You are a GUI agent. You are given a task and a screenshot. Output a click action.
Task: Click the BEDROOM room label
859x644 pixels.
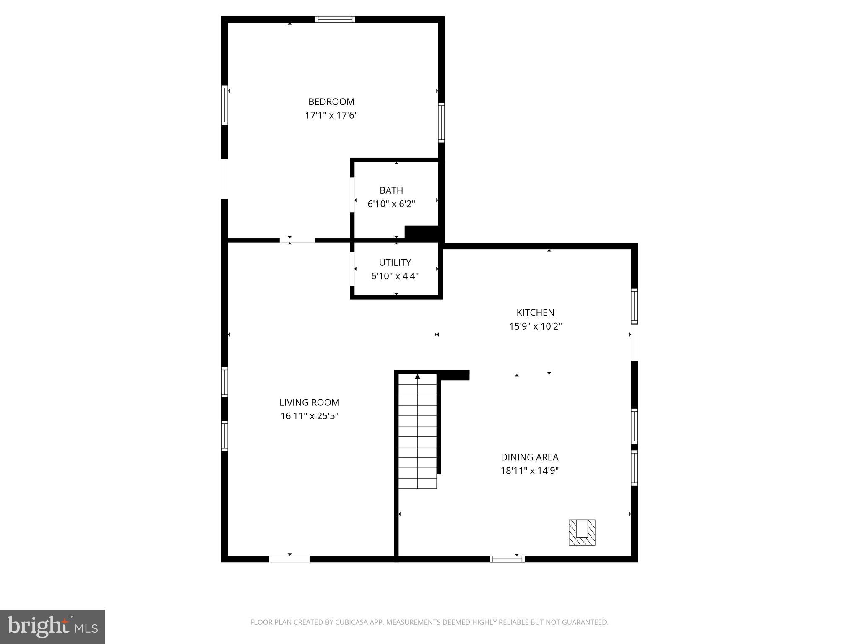pos(331,101)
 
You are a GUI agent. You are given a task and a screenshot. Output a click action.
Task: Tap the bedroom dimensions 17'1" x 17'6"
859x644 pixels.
pos(331,115)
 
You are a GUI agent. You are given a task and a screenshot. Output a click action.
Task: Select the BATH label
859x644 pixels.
pos(391,190)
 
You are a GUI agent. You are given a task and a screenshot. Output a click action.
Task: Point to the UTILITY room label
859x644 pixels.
pos(395,262)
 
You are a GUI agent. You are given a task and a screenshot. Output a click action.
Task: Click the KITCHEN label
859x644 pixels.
pos(535,312)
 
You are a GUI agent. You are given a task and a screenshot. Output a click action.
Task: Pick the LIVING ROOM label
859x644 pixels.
pos(309,402)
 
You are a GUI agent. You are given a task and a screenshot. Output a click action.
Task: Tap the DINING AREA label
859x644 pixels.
pos(529,457)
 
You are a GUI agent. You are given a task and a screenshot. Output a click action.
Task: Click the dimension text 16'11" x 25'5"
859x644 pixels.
pos(309,416)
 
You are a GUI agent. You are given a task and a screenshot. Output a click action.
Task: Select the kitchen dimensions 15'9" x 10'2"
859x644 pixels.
pos(535,326)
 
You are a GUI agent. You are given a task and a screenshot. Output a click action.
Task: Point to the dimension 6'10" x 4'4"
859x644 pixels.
pos(395,276)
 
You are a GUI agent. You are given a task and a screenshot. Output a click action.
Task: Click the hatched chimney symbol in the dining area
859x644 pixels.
pos(582,532)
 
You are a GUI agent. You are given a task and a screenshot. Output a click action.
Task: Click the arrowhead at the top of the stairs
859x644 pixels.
pos(417,377)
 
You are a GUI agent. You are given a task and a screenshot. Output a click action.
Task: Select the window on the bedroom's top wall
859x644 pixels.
pos(335,19)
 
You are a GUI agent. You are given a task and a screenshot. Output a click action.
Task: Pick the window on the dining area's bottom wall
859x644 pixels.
pos(507,558)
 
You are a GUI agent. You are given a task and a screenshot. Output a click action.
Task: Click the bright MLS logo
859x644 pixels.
pos(52,627)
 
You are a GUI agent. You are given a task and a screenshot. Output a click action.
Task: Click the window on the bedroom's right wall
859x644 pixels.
pos(441,122)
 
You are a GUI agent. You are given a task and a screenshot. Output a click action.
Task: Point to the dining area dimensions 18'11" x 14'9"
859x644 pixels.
pos(529,471)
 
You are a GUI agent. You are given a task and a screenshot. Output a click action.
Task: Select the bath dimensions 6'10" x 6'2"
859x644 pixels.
pos(391,204)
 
